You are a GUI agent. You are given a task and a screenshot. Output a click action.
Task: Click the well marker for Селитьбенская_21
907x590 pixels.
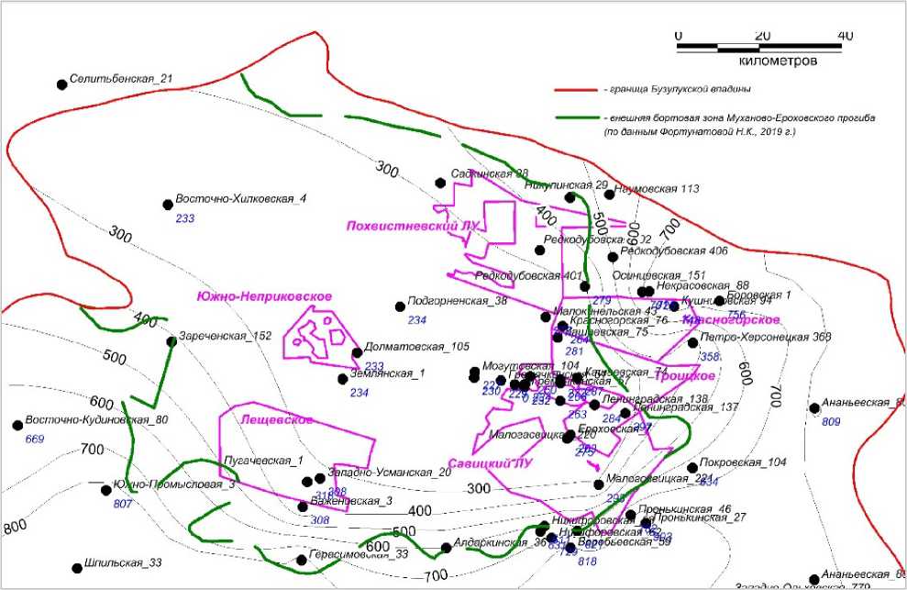[62, 84]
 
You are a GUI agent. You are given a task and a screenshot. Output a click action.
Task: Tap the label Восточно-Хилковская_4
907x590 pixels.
[240, 199]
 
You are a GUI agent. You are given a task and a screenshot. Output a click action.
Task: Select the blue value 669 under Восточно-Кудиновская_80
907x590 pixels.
[35, 439]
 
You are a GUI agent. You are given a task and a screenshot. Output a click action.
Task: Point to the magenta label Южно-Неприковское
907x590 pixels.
[264, 295]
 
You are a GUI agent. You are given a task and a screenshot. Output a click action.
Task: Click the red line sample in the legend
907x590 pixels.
[575, 90]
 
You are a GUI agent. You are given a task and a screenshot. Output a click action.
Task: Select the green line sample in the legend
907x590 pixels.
[575, 118]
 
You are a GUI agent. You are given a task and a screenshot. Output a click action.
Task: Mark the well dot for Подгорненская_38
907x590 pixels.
[400, 306]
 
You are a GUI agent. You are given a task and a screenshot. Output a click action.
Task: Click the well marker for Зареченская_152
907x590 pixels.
[171, 341]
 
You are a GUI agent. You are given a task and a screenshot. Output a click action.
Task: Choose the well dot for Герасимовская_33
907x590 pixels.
[301, 559]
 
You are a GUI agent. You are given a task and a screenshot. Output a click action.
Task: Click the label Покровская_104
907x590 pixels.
[743, 462]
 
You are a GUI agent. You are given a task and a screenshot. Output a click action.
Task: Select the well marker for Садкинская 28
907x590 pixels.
[440, 182]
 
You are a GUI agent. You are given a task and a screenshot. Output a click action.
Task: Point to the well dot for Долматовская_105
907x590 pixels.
[357, 352]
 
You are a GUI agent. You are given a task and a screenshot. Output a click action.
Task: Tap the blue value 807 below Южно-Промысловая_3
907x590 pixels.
[122, 504]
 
